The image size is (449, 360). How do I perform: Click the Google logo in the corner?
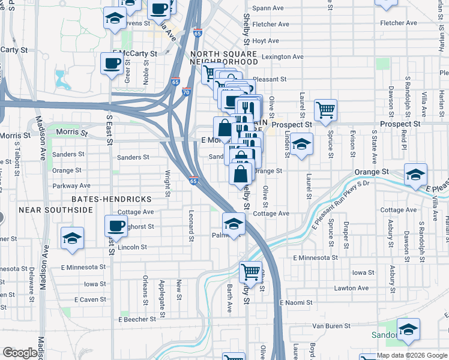pos(20,353)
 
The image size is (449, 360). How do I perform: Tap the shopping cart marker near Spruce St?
pos(326,110)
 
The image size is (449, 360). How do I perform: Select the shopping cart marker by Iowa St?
pos(250,272)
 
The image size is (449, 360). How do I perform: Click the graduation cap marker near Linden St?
pos(303,144)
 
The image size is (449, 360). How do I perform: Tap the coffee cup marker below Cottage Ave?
pos(116,226)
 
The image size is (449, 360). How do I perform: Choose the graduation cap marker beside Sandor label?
pos(408,329)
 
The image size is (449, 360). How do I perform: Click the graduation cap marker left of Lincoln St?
pos(72,238)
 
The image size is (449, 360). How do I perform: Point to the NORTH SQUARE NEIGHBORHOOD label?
pos(223,58)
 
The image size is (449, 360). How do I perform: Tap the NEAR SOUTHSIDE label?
pos(55,210)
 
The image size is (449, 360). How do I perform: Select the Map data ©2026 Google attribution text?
pos(412,355)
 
